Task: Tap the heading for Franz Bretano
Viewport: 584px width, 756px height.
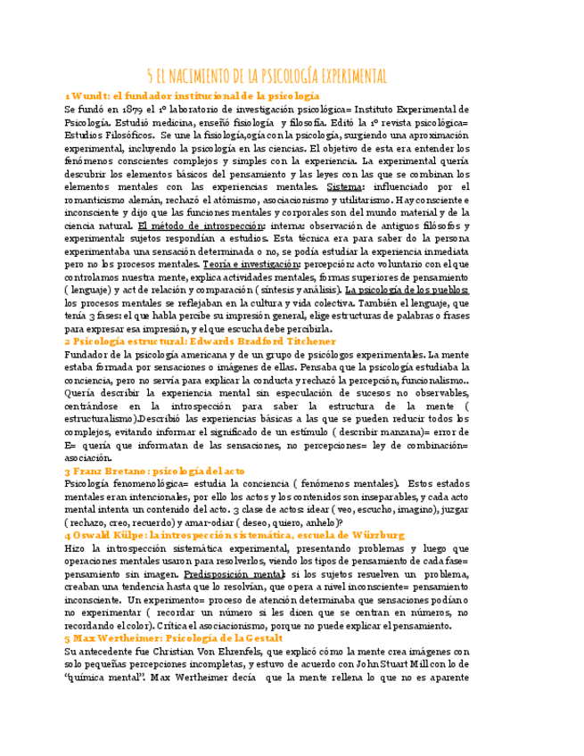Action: point(167,470)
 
